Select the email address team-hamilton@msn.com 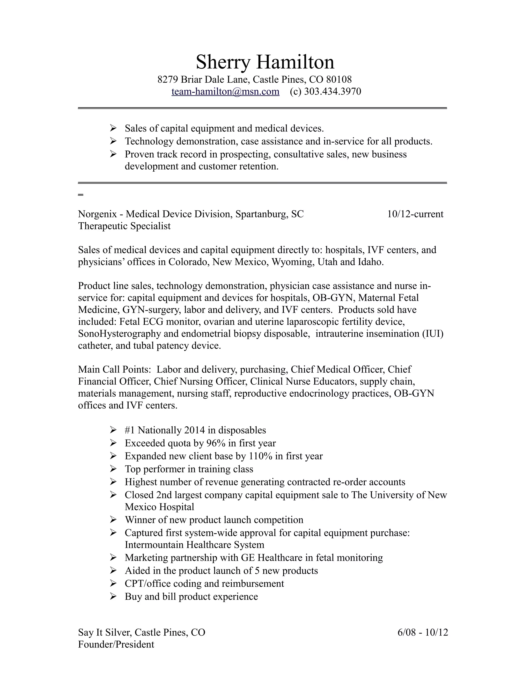point(225,91)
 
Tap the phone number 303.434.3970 point(333,91)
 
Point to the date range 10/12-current point(415,214)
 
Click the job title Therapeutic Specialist point(124,226)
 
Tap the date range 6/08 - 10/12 point(423,632)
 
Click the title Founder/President point(116,645)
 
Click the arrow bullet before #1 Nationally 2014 point(113,430)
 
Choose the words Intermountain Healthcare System point(194,545)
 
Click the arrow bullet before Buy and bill point(113,596)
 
